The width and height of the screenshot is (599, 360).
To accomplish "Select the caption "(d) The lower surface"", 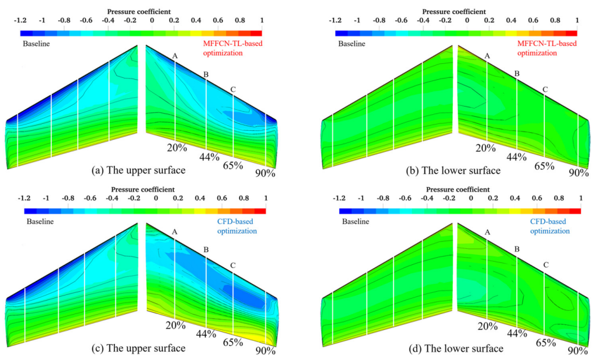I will [x=458, y=349].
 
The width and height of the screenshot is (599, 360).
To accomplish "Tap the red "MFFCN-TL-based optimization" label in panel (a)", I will [x=238, y=49].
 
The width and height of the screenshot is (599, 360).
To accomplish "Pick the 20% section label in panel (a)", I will [x=176, y=147].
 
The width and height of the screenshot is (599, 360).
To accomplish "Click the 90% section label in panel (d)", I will [x=578, y=350].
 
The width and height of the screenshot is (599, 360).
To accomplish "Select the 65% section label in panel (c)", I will [x=233, y=342].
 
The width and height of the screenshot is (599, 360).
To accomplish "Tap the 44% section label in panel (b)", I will [x=517, y=157].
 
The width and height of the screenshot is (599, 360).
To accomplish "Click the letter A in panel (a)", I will [x=174, y=56].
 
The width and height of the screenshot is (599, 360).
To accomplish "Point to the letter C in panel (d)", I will [x=545, y=264].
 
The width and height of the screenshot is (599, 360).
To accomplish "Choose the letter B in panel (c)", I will [x=206, y=250].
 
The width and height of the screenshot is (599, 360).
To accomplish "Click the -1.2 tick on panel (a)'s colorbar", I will [x=22, y=20].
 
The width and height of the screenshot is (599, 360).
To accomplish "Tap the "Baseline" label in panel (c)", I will [x=39, y=221].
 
